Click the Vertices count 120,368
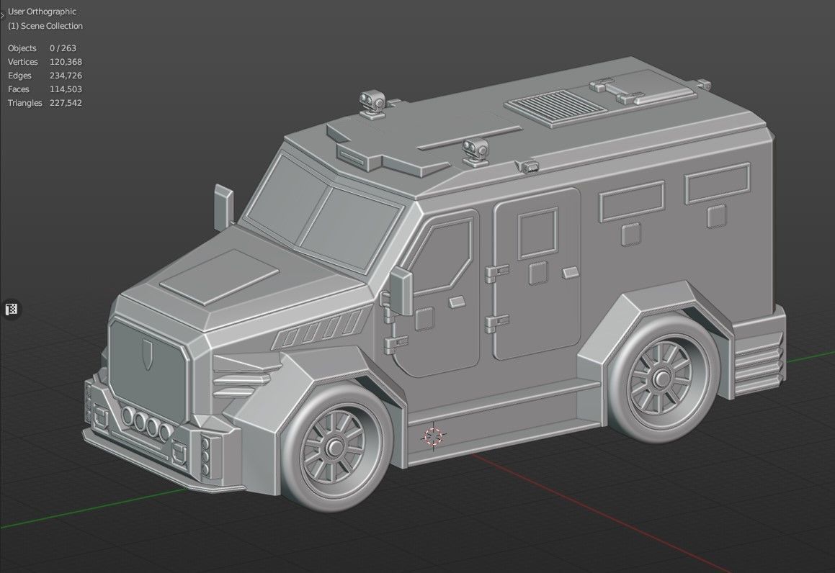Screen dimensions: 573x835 [65, 62]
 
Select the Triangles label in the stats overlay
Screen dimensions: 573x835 [25, 103]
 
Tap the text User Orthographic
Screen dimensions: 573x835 [42, 12]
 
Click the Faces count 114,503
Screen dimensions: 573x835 [66, 89]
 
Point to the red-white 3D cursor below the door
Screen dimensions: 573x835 [433, 436]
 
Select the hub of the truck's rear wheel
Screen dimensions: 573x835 [658, 379]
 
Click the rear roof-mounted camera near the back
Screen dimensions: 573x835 [372, 101]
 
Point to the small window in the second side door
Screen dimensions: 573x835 [538, 232]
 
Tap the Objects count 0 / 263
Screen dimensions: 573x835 [63, 48]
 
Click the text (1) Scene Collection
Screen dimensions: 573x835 [45, 26]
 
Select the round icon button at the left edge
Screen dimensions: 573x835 [12, 310]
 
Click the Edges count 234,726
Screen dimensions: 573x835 [66, 76]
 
